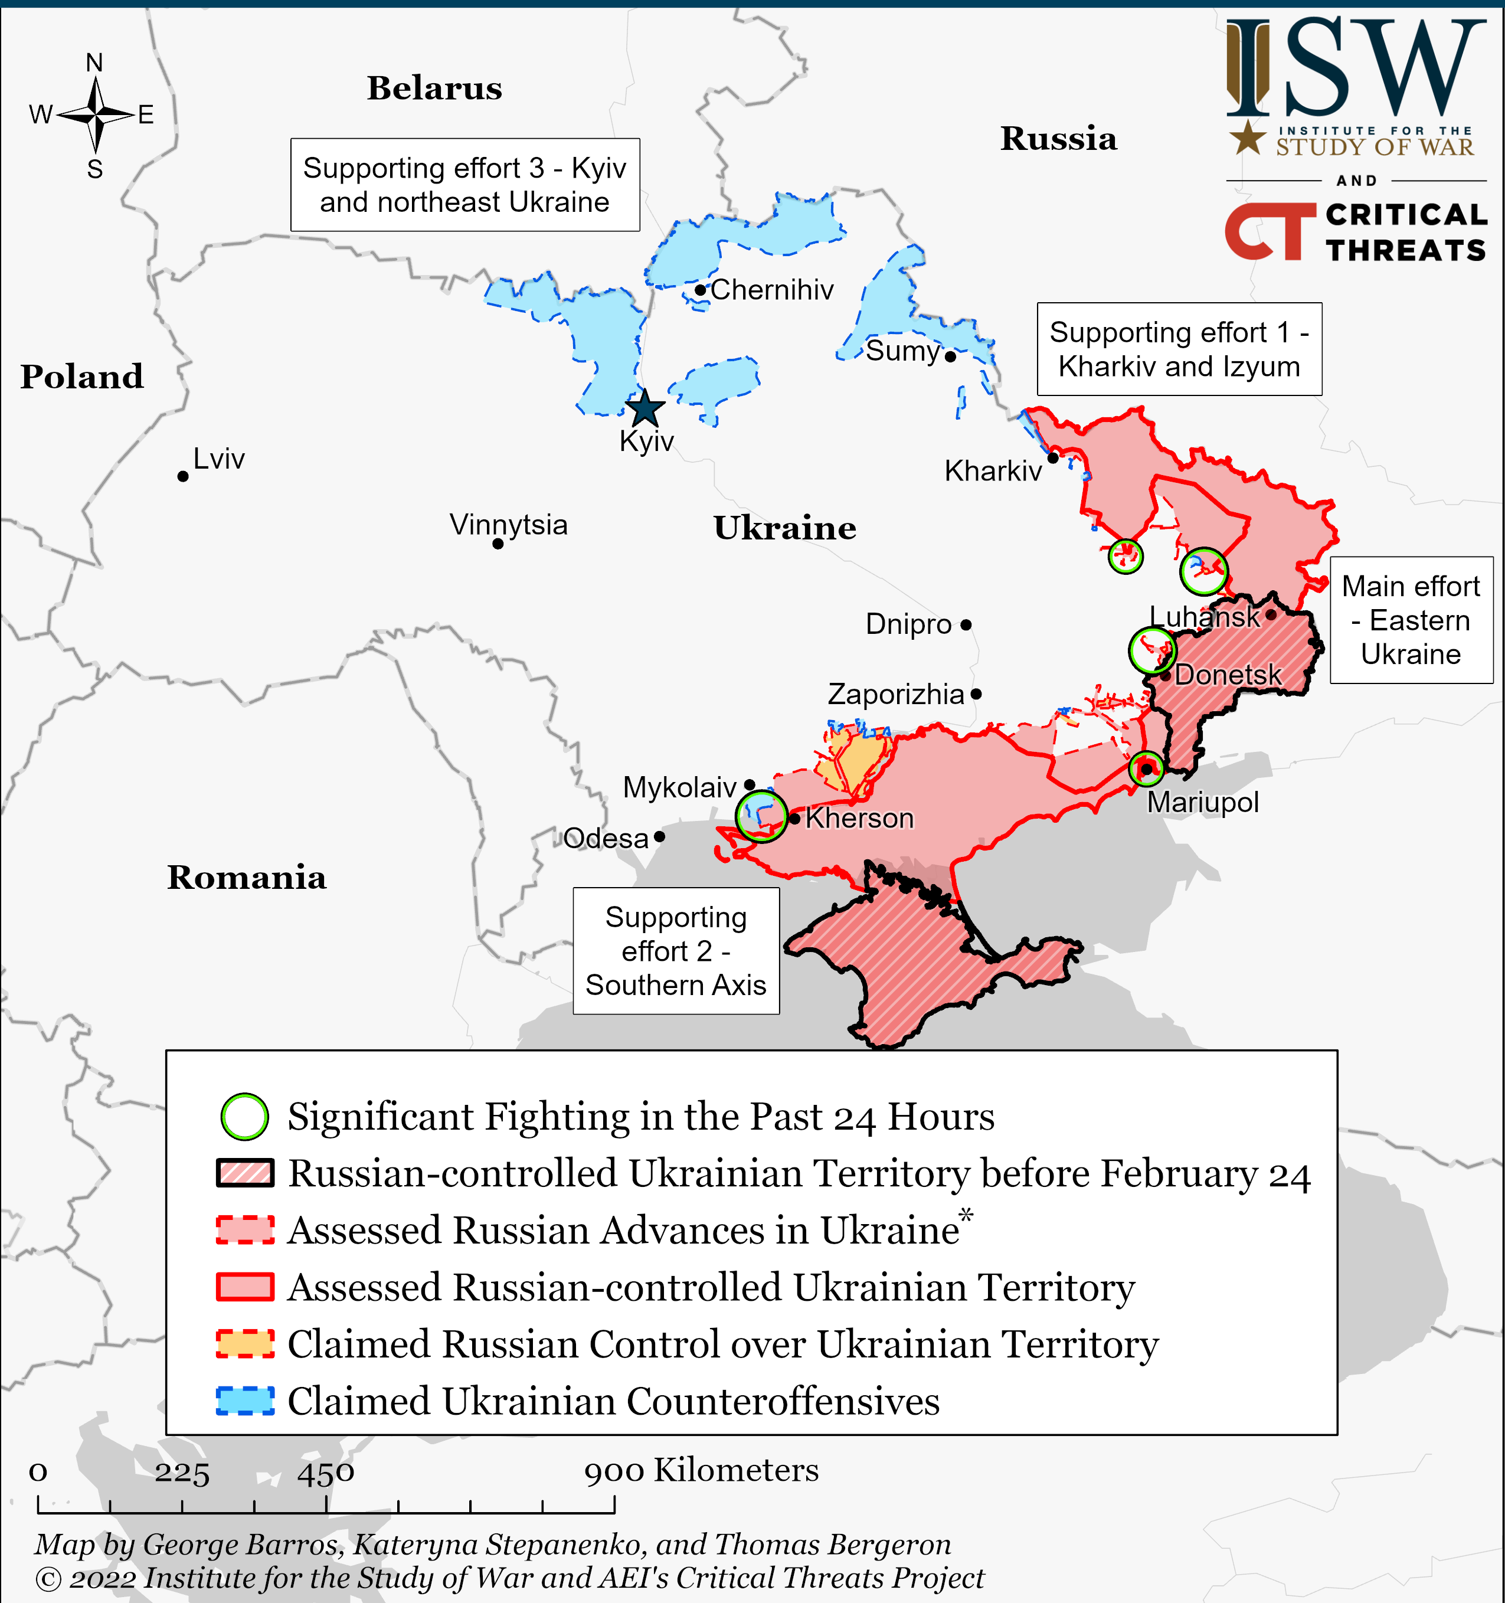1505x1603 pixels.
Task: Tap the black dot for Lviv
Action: [183, 476]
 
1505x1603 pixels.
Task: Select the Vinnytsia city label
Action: [508, 525]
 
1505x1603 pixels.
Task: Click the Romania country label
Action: [247, 877]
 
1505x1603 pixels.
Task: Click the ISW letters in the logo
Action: [1355, 68]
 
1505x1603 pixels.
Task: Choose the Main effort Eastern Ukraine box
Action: [1411, 620]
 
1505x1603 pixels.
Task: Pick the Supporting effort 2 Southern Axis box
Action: [676, 951]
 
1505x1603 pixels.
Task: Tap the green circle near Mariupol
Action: [1146, 768]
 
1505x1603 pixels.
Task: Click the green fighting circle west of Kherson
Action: [761, 816]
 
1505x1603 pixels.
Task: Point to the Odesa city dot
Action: [660, 836]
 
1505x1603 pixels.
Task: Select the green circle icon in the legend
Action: [244, 1117]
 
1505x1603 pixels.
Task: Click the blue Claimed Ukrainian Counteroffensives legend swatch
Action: [245, 1401]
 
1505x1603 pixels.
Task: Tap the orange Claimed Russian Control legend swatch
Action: [245, 1344]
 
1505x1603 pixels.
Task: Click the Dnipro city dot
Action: [966, 625]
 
